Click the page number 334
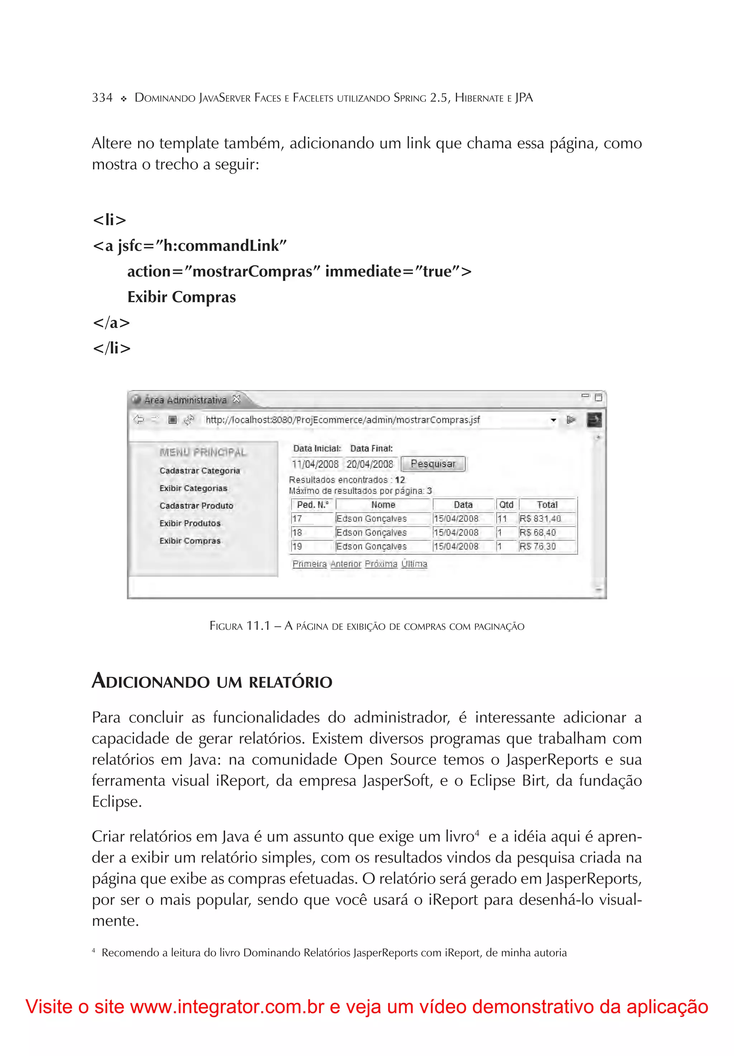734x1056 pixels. point(102,98)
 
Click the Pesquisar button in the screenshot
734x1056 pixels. point(433,463)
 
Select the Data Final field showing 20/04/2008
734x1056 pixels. point(370,464)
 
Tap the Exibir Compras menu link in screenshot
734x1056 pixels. point(190,541)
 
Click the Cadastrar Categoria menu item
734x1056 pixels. point(200,471)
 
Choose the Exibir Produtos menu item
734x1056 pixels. point(190,523)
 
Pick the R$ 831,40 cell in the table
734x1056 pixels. point(540,519)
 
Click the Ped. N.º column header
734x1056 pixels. point(313,505)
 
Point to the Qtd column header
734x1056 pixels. point(506,505)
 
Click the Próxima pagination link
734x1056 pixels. point(381,564)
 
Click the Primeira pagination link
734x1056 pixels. point(309,564)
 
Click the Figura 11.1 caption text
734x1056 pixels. point(366,626)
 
